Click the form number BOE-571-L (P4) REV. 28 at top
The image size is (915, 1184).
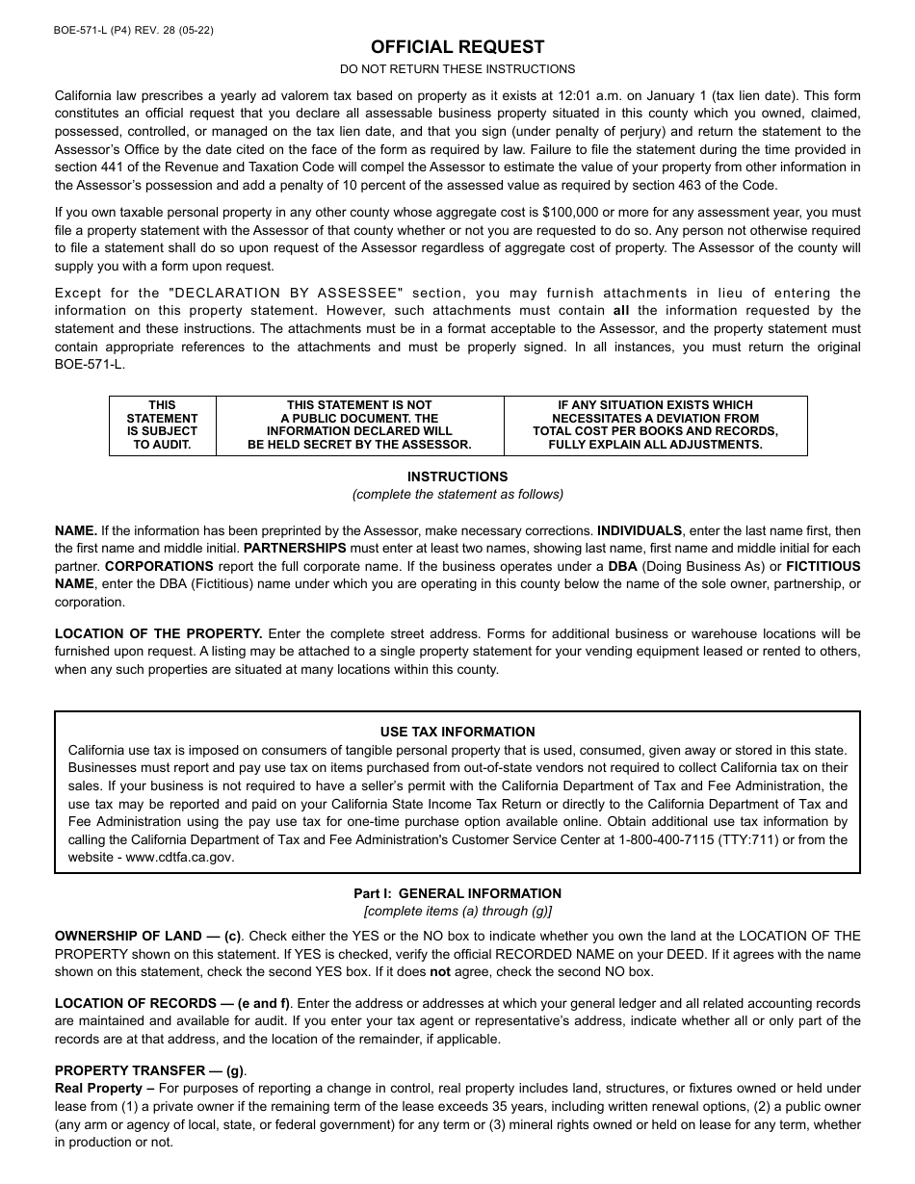134,30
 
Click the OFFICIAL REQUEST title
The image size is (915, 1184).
457,47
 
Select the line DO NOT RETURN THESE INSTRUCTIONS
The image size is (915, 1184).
457,69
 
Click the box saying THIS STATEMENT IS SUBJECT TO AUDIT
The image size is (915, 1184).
162,425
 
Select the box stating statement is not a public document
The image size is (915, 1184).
359,425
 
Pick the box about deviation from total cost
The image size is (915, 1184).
655,425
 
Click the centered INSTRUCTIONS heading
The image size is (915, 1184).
457,476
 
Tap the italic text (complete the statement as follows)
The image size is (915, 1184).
457,495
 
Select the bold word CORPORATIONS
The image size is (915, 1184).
159,566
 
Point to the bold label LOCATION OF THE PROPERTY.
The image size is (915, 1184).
158,633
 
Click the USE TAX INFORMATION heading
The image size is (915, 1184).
457,732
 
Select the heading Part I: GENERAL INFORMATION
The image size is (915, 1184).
457,893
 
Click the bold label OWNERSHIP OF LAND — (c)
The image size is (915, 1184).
147,936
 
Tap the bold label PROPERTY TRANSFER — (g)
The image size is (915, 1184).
149,1070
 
